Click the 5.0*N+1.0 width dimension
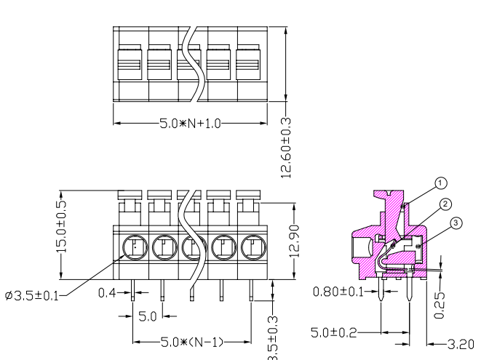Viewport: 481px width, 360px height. [x=190, y=124]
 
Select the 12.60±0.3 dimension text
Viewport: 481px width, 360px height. [x=285, y=148]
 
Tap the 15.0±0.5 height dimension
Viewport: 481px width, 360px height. [x=61, y=227]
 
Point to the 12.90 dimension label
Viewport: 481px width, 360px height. [x=294, y=241]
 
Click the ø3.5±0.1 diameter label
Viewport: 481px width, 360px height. [x=32, y=296]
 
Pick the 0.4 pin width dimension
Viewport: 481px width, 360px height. [x=107, y=293]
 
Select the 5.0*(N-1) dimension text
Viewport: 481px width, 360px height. [x=192, y=343]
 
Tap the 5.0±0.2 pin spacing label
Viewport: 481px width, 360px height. [x=334, y=332]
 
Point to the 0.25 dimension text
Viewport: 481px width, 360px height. [x=440, y=305]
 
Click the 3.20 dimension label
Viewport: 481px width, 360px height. [x=461, y=345]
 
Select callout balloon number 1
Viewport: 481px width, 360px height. [x=441, y=183]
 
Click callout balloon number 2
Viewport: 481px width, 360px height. [x=446, y=204]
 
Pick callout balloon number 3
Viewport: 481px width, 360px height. [x=456, y=223]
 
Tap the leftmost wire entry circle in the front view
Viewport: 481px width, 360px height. [x=135, y=247]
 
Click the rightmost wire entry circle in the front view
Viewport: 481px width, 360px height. [x=254, y=247]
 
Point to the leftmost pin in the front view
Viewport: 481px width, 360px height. [x=133, y=290]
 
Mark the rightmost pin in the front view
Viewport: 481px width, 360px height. [x=251, y=290]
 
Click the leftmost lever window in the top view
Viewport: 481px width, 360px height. [x=130, y=65]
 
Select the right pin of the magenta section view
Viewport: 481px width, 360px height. [x=410, y=289]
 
